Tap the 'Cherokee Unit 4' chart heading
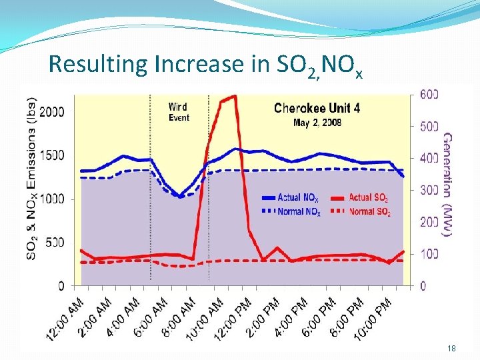click(x=317, y=109)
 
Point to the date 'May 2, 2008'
click(x=317, y=123)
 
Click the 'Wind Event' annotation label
click(x=178, y=112)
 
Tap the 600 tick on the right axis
click(x=428, y=94)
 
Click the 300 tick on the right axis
click(x=428, y=190)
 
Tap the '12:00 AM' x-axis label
click(x=65, y=319)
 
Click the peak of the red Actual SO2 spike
click(x=233, y=96)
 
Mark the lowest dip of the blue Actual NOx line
click(x=180, y=196)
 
